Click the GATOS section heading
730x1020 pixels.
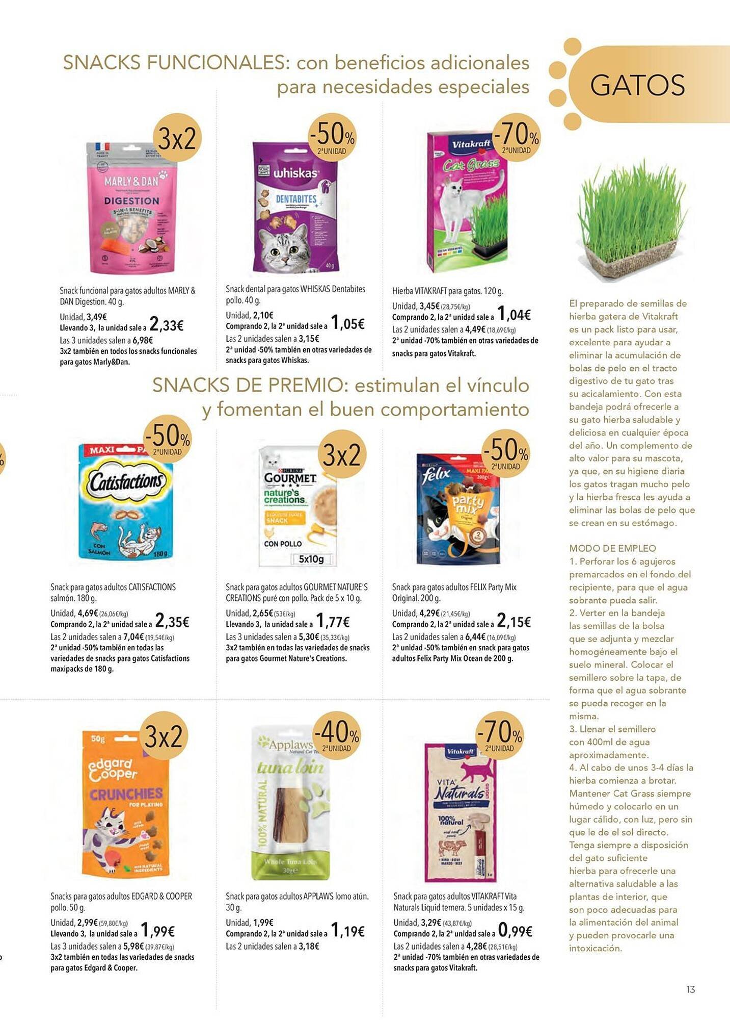(x=637, y=85)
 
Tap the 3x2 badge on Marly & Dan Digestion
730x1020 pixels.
(x=177, y=138)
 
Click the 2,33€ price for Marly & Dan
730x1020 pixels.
(x=167, y=325)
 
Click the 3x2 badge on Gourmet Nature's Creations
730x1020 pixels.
(x=342, y=454)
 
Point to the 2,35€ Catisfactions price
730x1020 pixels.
(x=172, y=622)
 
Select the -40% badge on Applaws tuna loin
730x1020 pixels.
(x=337, y=735)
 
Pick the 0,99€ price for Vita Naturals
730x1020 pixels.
(x=515, y=931)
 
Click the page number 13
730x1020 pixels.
(x=690, y=989)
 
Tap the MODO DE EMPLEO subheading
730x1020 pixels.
(x=612, y=548)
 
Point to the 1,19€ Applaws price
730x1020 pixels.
(x=347, y=931)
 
